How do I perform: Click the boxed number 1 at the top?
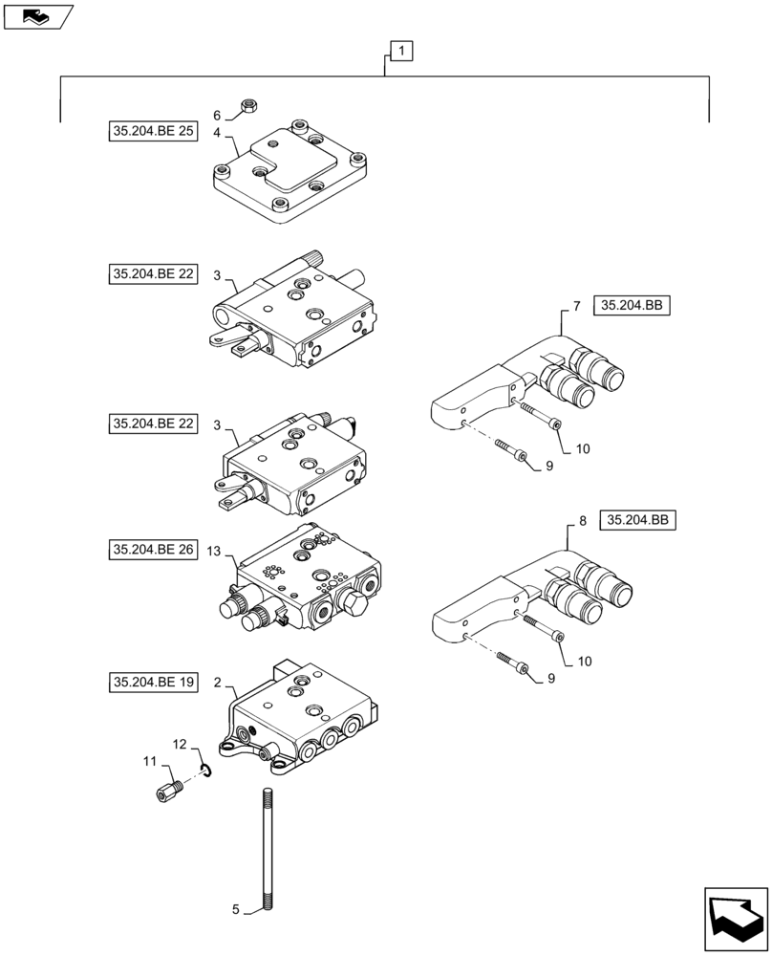point(401,52)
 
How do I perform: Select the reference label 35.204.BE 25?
point(152,132)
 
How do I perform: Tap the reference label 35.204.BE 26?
point(152,550)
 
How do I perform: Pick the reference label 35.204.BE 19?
point(152,683)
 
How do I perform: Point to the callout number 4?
point(217,132)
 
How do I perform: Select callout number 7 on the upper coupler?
point(576,306)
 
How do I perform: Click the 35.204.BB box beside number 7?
point(633,306)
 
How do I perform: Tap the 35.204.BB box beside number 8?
point(638,520)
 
